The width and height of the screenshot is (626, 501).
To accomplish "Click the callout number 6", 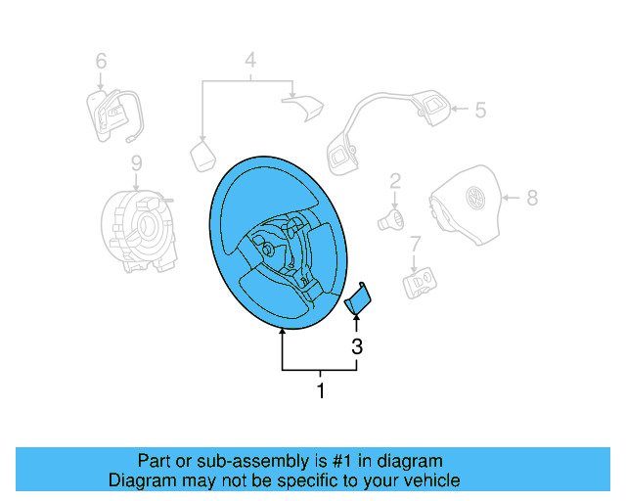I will tap(101, 62).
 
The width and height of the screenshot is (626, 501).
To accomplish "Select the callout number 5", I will tap(480, 110).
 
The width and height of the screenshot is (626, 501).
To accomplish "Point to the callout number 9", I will tap(136, 162).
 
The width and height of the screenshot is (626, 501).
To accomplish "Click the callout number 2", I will tap(395, 180).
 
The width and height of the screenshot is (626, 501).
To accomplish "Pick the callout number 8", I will tap(532, 198).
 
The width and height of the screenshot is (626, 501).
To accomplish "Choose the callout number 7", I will tap(415, 243).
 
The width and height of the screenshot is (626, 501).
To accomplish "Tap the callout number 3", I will tap(357, 345).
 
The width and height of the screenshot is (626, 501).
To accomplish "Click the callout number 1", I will tap(320, 392).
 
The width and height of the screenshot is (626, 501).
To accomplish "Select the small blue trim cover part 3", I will tap(359, 298).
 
